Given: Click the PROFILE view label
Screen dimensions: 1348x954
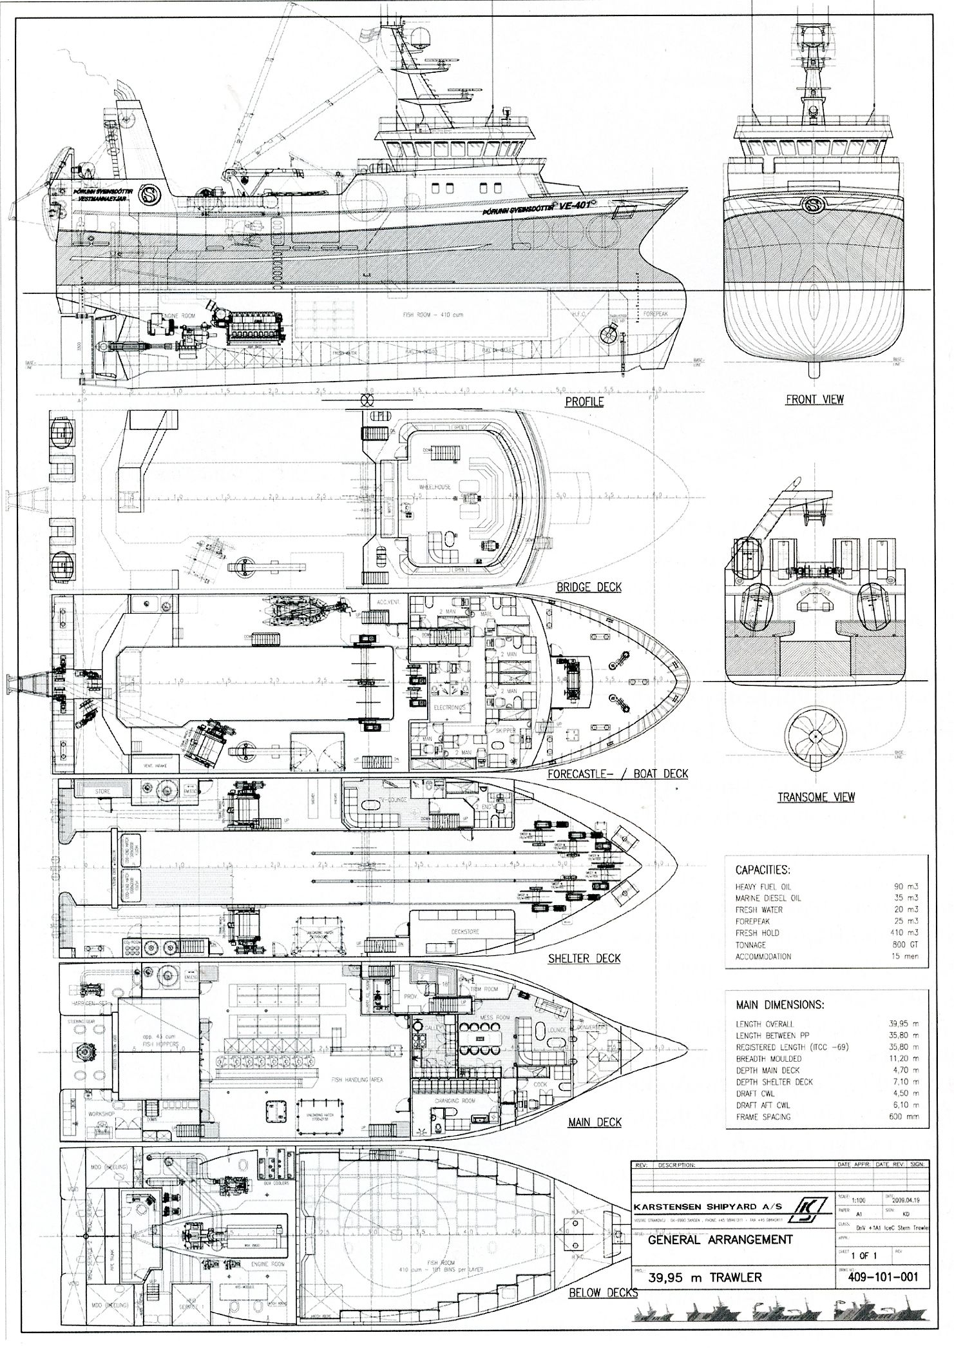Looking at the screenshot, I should click(584, 402).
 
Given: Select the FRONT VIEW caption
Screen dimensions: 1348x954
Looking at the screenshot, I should click(814, 399).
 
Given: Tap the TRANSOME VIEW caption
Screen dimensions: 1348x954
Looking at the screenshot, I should click(816, 797).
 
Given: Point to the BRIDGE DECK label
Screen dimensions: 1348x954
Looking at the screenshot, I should click(589, 587).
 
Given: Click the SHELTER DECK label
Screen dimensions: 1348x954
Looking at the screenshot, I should click(584, 958).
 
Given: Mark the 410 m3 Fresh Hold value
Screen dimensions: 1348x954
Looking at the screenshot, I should click(906, 933).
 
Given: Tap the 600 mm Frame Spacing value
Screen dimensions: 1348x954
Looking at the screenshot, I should click(904, 1117).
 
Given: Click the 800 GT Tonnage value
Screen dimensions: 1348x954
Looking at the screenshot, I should click(906, 944).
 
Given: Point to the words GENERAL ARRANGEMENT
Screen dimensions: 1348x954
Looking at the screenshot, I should click(720, 1240).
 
